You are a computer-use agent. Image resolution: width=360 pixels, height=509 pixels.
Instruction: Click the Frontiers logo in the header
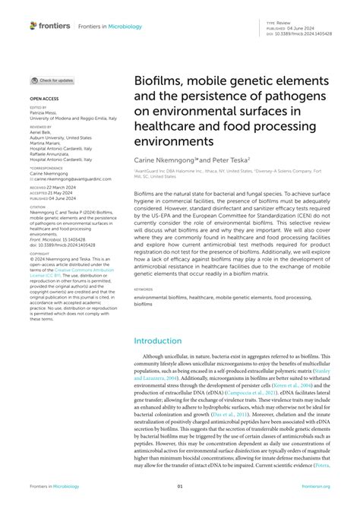(x=48, y=25)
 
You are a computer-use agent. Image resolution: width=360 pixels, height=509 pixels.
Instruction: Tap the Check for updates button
(x=52, y=81)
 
